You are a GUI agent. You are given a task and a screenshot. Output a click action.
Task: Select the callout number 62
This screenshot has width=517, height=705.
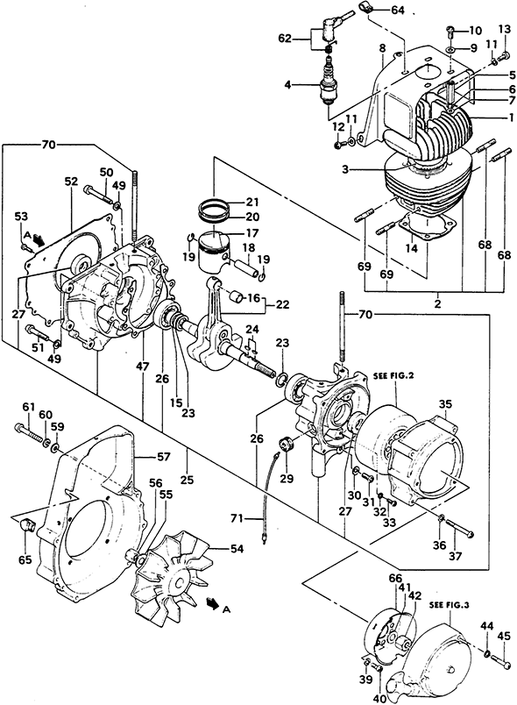point(285,39)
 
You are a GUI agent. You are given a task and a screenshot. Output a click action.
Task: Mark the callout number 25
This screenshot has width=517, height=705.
point(187,481)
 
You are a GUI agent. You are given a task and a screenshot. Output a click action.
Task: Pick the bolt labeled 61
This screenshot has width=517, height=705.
point(28,431)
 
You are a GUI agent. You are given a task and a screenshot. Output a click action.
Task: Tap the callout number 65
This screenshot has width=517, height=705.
point(25,560)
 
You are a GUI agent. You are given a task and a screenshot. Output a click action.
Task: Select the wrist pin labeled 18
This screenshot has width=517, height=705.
point(245,266)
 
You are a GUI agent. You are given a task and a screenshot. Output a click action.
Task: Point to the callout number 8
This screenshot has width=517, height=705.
point(382,47)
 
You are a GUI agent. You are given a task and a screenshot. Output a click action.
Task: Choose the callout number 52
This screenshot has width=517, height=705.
point(72,182)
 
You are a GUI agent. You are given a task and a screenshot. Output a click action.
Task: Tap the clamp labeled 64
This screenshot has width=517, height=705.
point(365,7)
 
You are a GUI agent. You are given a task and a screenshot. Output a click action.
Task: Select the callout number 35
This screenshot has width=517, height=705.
point(445,404)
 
